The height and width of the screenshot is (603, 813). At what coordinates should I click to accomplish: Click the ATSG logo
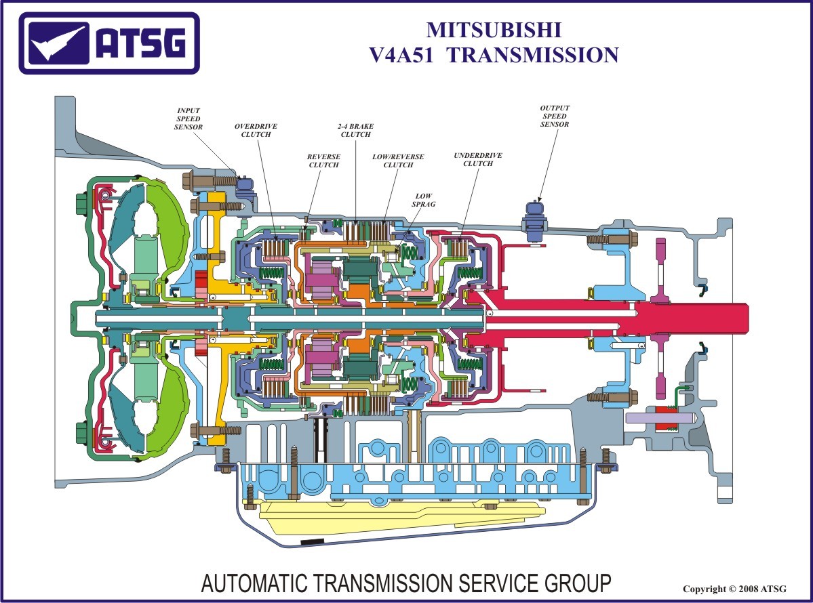click(x=109, y=43)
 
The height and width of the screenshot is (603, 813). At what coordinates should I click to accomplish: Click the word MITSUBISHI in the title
click(x=494, y=30)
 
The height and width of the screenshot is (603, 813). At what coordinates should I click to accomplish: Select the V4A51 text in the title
click(x=404, y=55)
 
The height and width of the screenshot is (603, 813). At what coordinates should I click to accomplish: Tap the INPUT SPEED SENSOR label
click(x=188, y=119)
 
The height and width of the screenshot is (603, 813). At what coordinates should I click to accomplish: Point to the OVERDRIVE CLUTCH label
click(x=256, y=130)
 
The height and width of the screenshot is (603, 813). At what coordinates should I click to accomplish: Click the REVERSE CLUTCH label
click(x=323, y=161)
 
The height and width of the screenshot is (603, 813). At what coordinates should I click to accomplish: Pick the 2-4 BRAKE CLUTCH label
click(x=355, y=130)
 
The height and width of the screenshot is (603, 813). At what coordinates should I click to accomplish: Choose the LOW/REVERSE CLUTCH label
click(x=398, y=161)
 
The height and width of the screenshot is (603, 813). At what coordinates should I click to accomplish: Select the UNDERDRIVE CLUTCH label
click(x=478, y=159)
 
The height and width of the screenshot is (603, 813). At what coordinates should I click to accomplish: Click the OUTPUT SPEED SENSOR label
click(x=555, y=116)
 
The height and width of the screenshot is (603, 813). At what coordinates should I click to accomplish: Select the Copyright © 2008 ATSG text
click(x=734, y=589)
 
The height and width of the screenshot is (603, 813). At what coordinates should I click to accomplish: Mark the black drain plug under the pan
click(x=313, y=543)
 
